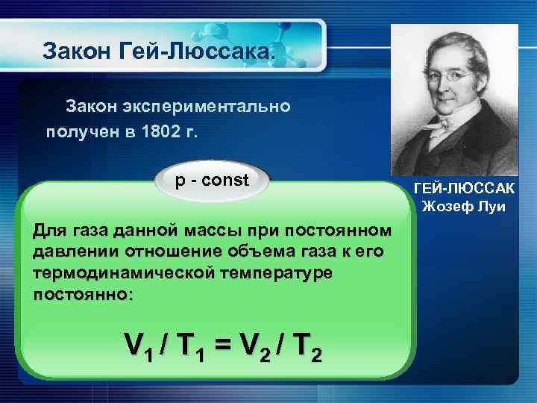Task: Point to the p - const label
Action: (x=212, y=181)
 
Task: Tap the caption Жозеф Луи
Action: (x=464, y=207)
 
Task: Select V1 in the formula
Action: (x=139, y=344)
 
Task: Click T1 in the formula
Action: (x=195, y=344)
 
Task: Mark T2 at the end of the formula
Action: (x=307, y=344)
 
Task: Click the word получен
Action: (x=78, y=132)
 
